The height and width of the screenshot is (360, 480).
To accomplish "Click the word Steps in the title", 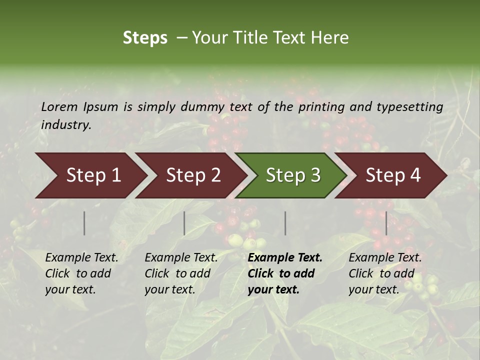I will (145, 38).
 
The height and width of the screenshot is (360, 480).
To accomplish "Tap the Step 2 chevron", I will (192, 175).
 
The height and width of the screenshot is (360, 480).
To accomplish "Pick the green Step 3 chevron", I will (292, 175).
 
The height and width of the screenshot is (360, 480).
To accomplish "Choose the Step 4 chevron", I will (392, 175).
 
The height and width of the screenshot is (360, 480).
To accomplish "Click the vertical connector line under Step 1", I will (84, 223).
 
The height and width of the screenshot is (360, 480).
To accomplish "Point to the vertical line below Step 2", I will (184, 223).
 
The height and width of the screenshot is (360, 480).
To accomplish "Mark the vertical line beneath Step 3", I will (285, 223).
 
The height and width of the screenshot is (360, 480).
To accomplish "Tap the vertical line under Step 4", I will (386, 223).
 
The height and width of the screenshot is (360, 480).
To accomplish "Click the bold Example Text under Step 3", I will (285, 258).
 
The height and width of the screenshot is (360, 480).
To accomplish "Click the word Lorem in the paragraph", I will (59, 107).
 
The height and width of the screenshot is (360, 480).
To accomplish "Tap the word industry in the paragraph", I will (65, 125).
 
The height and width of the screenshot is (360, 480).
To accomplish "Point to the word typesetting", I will (409, 107).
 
